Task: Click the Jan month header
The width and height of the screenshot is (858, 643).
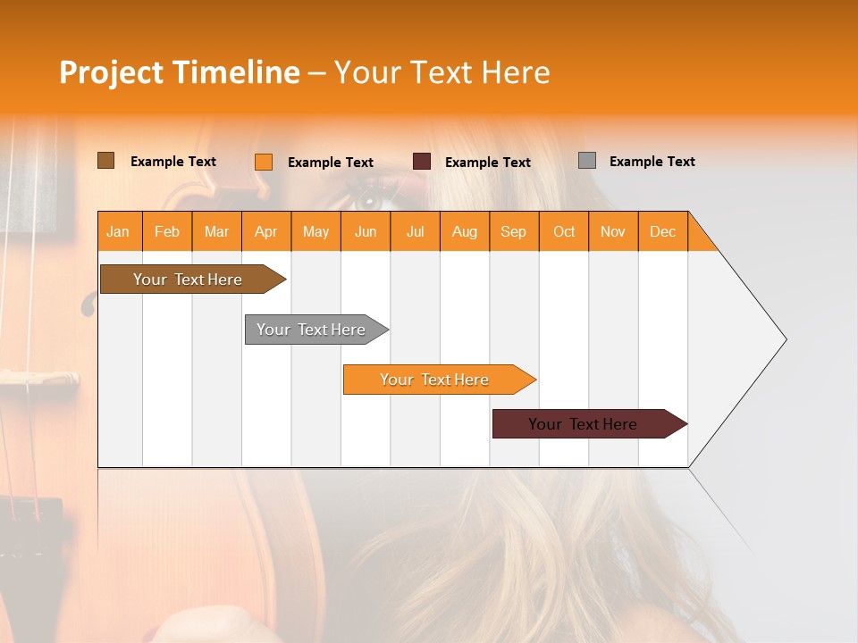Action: pos(118,231)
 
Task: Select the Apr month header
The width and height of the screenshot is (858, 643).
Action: pos(265,231)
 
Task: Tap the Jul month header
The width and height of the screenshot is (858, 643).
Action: pos(415,231)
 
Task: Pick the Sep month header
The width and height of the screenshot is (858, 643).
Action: pos(513,231)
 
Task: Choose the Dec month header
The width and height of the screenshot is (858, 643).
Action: pos(662,231)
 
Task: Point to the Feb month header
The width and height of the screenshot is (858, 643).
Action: pos(167,231)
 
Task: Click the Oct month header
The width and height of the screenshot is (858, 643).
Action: pos(564,231)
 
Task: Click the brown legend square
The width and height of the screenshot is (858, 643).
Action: pos(105,161)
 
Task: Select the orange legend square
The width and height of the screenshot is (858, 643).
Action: pos(263,162)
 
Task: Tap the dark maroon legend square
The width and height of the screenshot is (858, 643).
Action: pos(422,162)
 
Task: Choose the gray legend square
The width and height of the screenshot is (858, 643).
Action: pos(587,161)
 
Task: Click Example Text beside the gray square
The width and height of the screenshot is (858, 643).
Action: pos(652,162)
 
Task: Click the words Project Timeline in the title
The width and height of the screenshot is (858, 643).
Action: pos(180,72)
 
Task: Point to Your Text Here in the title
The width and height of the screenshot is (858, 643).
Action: pos(442,72)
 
